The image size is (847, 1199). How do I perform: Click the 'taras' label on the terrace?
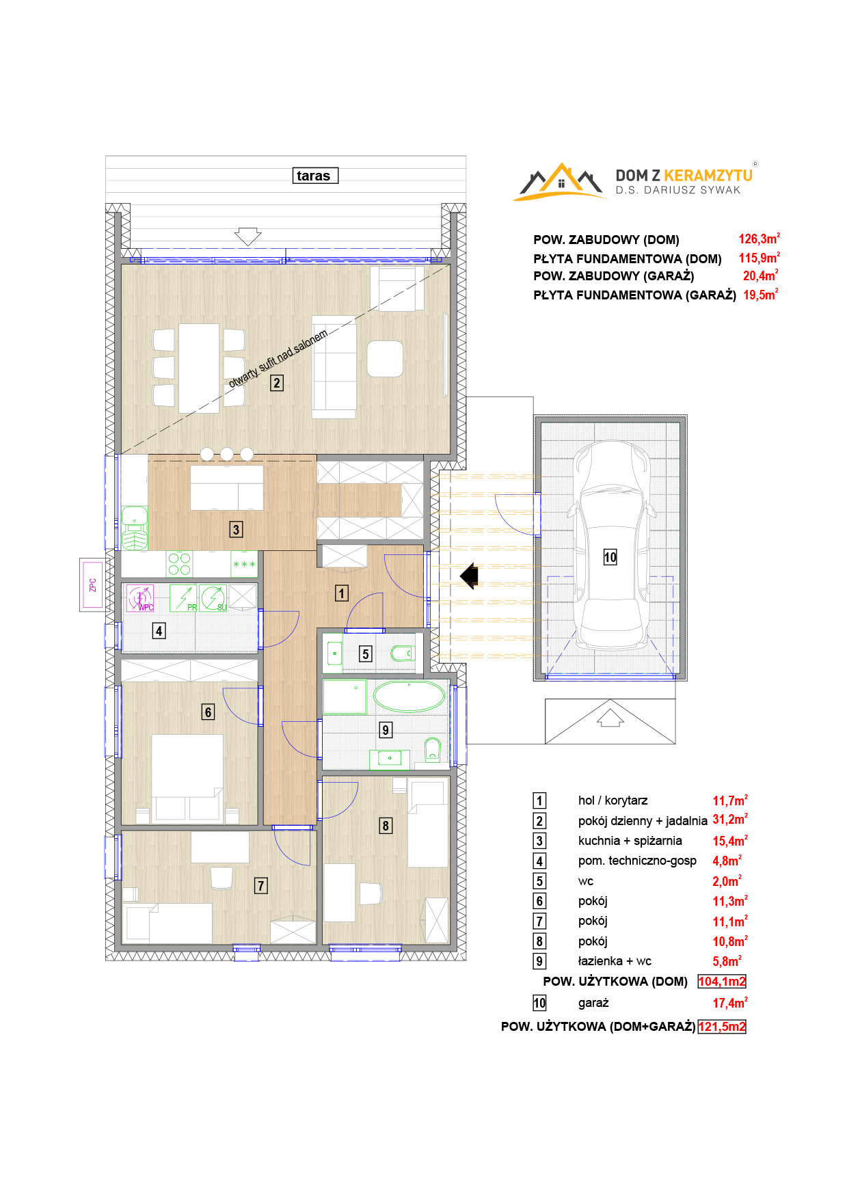(x=314, y=176)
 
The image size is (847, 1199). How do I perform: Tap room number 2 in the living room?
(x=277, y=383)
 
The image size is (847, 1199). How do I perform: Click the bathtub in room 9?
(x=409, y=697)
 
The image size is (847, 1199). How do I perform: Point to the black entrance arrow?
(x=469, y=576)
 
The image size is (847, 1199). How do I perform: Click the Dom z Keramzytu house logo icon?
(x=561, y=182)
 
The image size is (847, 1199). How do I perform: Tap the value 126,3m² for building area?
(x=759, y=239)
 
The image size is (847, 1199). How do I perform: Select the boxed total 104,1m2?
(x=722, y=982)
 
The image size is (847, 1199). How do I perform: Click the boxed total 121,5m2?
(x=722, y=1027)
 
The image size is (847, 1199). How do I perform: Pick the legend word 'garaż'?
(x=593, y=1003)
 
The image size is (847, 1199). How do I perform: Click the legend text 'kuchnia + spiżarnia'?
(x=630, y=841)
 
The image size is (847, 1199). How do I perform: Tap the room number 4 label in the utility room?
(x=159, y=631)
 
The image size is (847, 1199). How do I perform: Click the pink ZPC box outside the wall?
(x=93, y=584)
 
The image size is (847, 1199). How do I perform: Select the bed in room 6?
(x=187, y=777)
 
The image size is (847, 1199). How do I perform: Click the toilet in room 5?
(x=403, y=654)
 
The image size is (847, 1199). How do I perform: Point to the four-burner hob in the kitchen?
(x=179, y=565)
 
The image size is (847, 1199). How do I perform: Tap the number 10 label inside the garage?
(x=610, y=557)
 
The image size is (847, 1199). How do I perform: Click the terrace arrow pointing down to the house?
(x=247, y=237)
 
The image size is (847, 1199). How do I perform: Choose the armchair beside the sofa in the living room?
(x=385, y=359)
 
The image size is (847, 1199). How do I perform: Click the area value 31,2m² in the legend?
(x=730, y=819)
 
